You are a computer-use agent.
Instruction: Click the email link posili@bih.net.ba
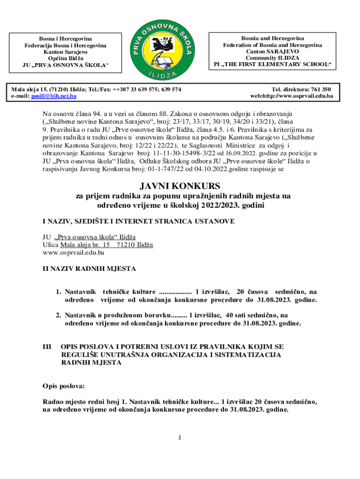click(x=54, y=96)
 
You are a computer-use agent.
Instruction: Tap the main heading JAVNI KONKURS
click(x=180, y=187)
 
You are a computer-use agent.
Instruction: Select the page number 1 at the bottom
click(x=180, y=438)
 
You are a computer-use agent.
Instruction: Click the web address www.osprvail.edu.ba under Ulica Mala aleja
click(x=73, y=253)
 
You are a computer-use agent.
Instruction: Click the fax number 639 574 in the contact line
click(x=170, y=89)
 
